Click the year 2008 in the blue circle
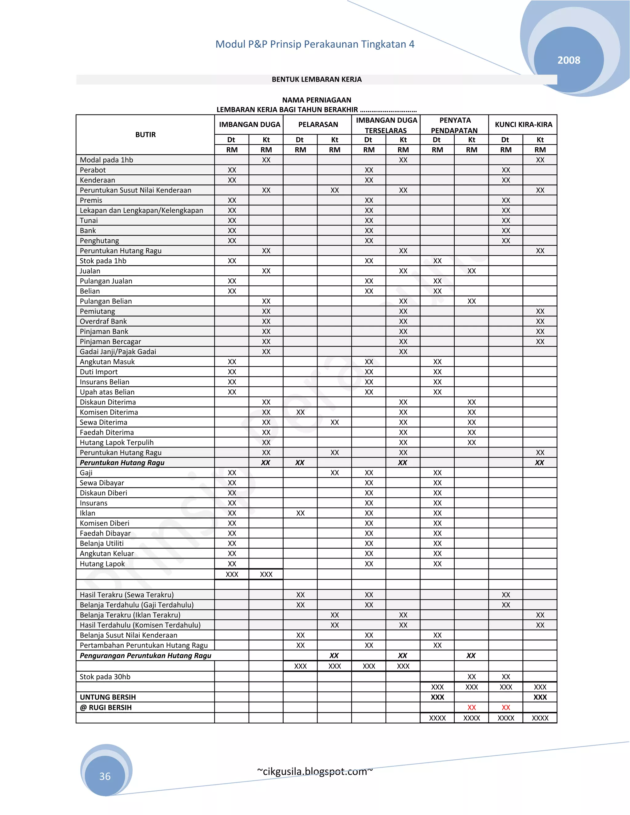[x=568, y=60]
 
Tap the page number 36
[x=105, y=776]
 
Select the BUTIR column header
[x=145, y=135]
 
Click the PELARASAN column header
[x=318, y=125]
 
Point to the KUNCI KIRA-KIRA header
[x=523, y=125]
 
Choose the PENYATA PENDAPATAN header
[x=455, y=125]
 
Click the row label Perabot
[x=93, y=170]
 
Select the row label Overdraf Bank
[x=103, y=321]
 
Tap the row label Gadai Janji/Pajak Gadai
[x=118, y=352]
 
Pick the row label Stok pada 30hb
[x=105, y=677]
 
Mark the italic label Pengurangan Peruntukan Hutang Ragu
[x=145, y=656]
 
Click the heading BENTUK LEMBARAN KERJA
[x=317, y=79]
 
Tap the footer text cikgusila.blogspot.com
[x=315, y=771]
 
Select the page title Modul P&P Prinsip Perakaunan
[x=315, y=44]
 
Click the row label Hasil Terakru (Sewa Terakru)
[x=126, y=595]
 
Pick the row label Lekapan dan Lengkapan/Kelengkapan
[x=141, y=210]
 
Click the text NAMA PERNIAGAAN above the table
[x=317, y=100]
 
